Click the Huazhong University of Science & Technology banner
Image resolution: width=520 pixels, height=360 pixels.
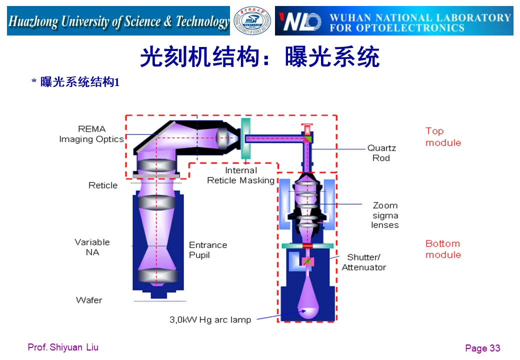(x=118, y=21)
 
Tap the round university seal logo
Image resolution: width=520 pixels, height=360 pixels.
(x=252, y=21)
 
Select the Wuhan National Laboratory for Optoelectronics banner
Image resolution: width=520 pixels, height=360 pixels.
(x=394, y=21)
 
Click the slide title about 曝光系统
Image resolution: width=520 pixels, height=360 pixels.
(x=259, y=57)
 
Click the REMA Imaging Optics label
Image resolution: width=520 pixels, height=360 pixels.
(x=91, y=134)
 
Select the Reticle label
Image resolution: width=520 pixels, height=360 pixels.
(x=103, y=185)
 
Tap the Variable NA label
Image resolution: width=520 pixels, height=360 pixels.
(x=92, y=247)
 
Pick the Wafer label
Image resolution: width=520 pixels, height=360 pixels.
(x=89, y=300)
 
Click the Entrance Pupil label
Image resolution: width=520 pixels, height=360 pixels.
(x=207, y=250)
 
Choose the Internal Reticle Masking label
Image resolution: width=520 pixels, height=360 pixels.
(x=241, y=175)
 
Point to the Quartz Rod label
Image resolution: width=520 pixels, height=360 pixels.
(x=381, y=153)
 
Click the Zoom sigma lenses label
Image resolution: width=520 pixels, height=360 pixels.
(x=385, y=215)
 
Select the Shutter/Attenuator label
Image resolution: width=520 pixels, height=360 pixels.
(x=364, y=262)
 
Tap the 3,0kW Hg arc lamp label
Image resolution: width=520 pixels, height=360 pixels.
(x=210, y=319)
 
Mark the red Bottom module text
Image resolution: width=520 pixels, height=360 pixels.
(x=443, y=249)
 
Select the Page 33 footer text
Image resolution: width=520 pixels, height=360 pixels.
(x=482, y=348)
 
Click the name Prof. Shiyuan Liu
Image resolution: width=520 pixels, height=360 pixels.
(x=63, y=347)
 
